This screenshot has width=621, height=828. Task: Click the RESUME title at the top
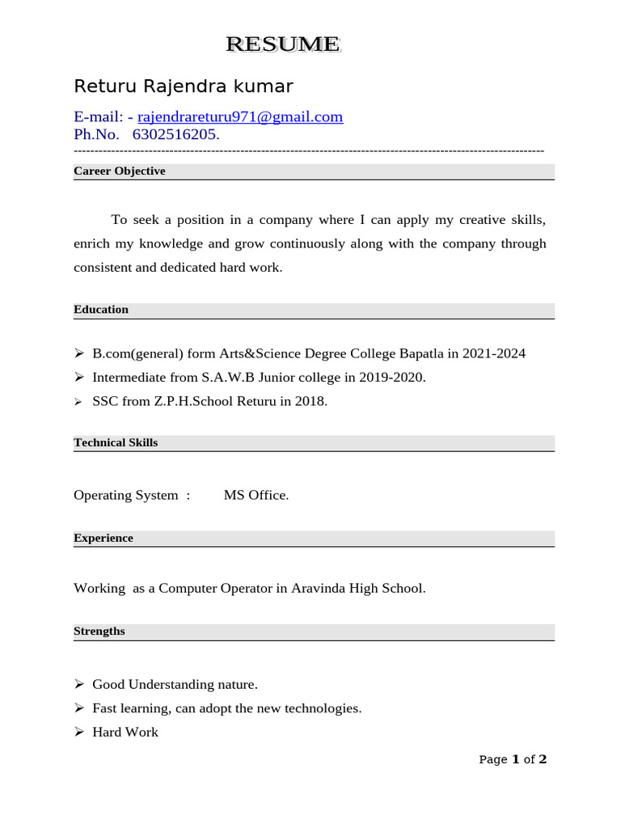tap(283, 44)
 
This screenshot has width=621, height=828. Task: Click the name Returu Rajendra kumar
tap(184, 86)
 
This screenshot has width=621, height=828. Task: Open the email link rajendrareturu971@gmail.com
tap(240, 116)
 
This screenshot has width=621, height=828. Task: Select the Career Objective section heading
tap(120, 171)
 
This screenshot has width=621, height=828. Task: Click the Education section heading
tap(101, 310)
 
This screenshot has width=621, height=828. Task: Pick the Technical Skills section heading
tap(116, 442)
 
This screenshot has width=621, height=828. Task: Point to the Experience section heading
tap(103, 538)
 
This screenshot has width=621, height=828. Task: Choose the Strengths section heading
tap(99, 631)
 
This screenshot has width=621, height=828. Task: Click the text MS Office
tap(256, 495)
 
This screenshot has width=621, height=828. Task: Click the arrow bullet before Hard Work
tap(79, 732)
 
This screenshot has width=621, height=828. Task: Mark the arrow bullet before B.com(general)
tap(79, 353)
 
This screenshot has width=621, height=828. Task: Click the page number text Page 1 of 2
tap(513, 759)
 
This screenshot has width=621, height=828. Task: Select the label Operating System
tap(125, 495)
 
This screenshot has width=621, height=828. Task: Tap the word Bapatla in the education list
tap(420, 353)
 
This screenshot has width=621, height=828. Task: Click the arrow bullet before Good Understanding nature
tap(79, 684)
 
